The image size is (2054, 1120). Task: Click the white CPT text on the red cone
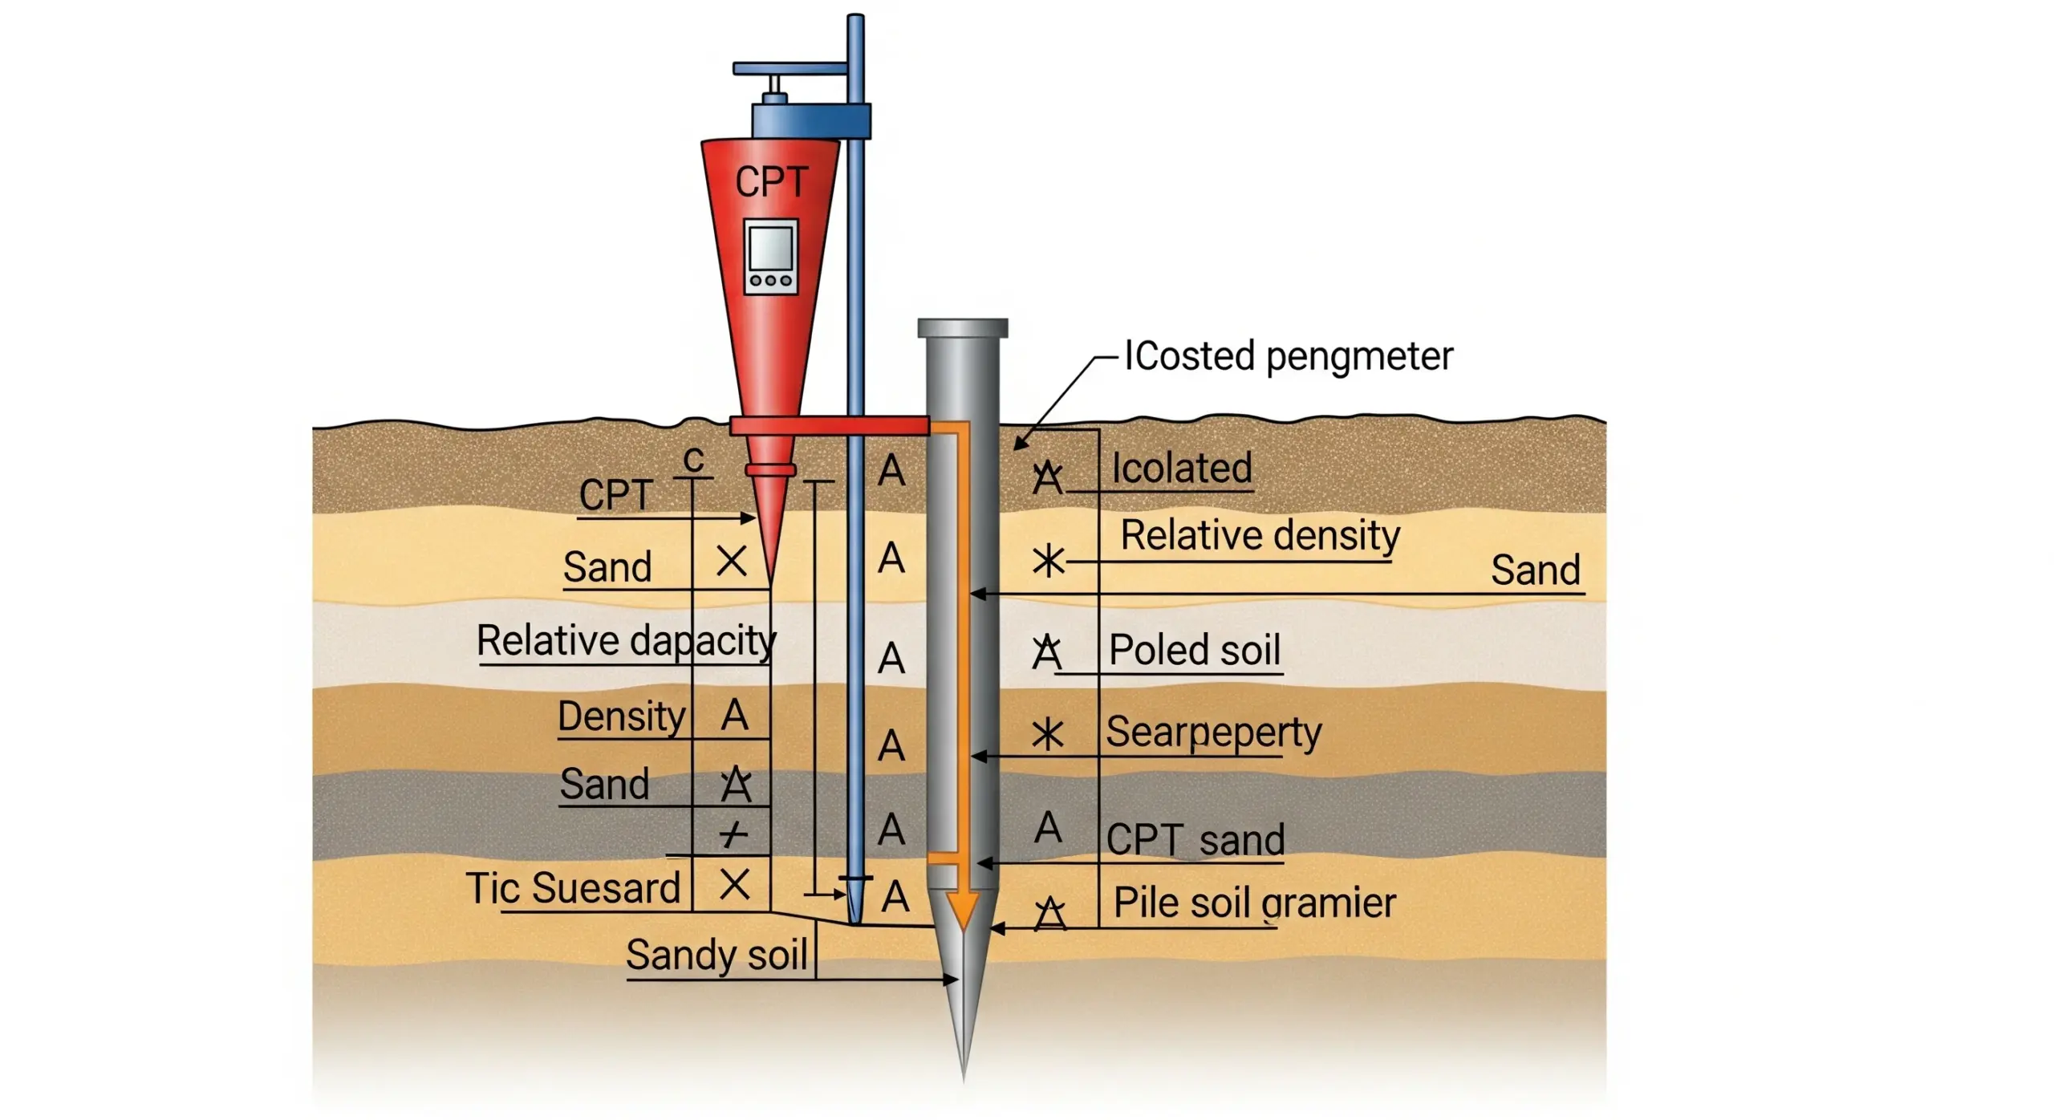(x=771, y=181)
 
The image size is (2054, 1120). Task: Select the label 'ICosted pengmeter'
(x=1288, y=356)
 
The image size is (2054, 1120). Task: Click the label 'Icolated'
(x=1181, y=468)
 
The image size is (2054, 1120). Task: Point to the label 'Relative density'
(x=1260, y=535)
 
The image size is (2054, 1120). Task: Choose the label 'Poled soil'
(x=1194, y=650)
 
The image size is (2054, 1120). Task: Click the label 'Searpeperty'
(x=1213, y=732)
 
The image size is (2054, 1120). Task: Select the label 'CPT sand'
(x=1195, y=840)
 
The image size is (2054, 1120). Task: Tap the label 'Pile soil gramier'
(x=1255, y=903)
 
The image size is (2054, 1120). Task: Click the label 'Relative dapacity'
(x=626, y=640)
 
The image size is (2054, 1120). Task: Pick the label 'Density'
(x=622, y=716)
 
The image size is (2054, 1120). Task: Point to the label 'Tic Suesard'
(x=573, y=888)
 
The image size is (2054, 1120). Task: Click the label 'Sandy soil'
(x=716, y=955)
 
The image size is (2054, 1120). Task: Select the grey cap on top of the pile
(x=962, y=327)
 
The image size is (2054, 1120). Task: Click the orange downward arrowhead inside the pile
(x=962, y=910)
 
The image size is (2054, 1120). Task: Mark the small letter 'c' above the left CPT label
(x=693, y=460)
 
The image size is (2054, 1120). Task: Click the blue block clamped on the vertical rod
(x=810, y=120)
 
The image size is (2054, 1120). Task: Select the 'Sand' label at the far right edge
(x=1535, y=570)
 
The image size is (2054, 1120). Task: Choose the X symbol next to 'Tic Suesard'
(x=734, y=885)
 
